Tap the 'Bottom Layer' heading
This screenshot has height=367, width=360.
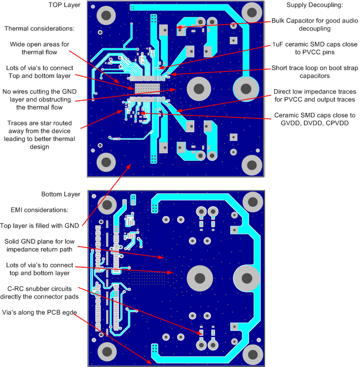(60, 194)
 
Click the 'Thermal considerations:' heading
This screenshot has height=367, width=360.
(39, 29)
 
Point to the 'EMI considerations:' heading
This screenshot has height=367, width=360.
(39, 210)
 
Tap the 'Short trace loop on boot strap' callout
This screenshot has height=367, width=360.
(315, 72)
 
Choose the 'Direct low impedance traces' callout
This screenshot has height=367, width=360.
(315, 96)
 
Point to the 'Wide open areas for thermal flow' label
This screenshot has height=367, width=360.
(39, 48)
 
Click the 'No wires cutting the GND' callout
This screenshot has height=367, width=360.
(37, 100)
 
